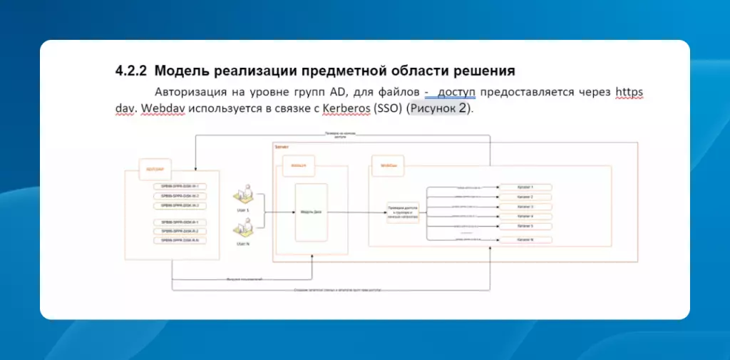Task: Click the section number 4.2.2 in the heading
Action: point(131,71)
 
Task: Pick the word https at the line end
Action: point(629,93)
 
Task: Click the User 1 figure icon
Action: point(242,195)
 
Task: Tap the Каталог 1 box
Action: point(525,187)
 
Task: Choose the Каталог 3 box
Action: point(525,207)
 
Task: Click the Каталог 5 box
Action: point(525,227)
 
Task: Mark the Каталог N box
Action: point(525,240)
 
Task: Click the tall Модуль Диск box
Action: point(312,212)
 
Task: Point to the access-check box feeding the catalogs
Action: point(403,212)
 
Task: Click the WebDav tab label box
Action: point(389,165)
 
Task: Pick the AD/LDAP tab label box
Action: point(154,169)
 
